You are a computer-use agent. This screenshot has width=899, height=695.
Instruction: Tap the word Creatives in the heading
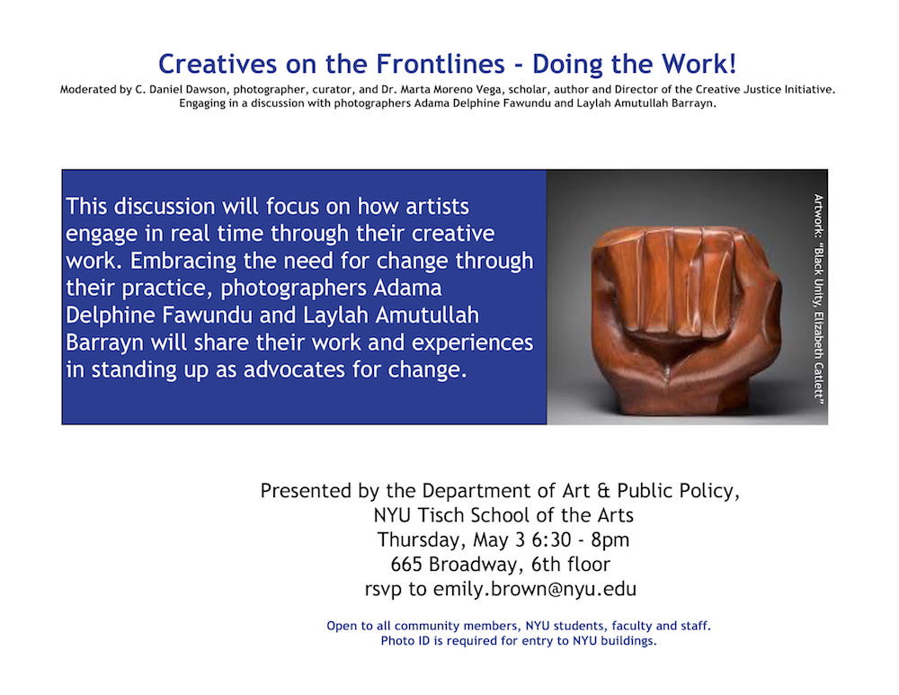(218, 64)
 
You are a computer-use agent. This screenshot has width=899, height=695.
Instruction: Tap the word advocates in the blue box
(295, 370)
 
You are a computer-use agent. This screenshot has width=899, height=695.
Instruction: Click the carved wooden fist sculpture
(685, 319)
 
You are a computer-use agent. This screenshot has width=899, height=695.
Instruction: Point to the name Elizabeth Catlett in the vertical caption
(818, 355)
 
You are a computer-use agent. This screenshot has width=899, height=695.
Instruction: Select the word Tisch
(441, 515)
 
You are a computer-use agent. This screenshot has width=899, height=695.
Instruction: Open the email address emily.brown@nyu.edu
(535, 590)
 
